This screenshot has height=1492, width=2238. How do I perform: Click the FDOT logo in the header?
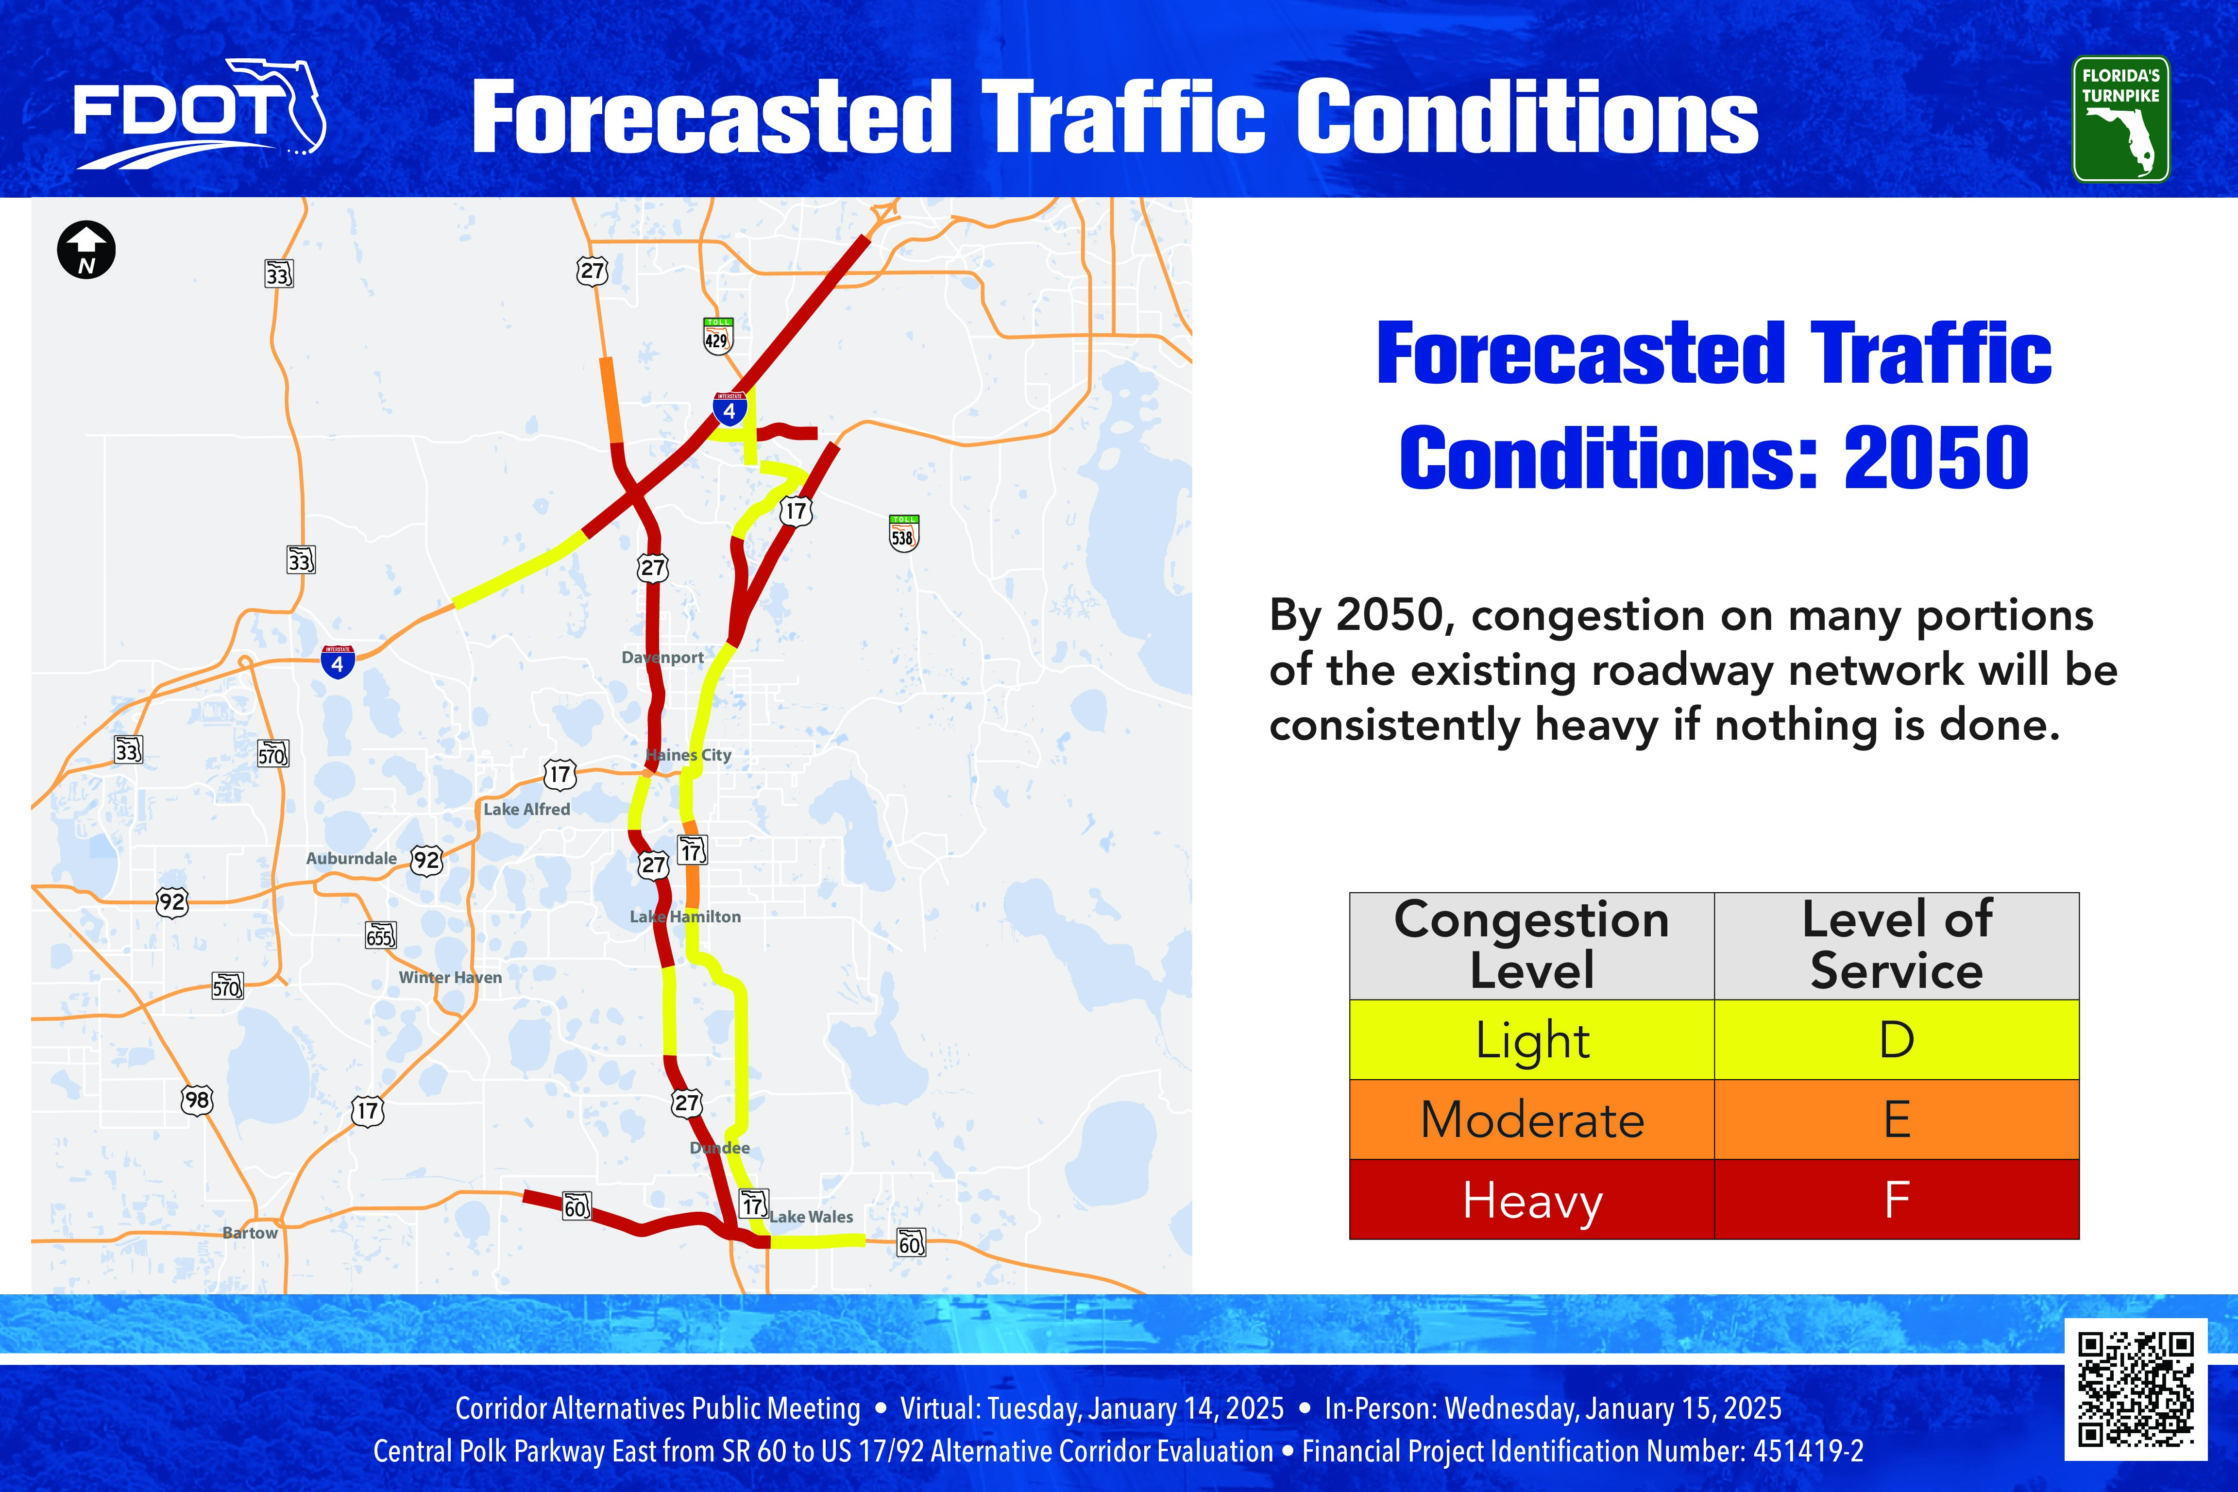tap(200, 114)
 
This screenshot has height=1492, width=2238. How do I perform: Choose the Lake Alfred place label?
tap(526, 809)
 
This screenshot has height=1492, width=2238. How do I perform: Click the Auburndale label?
tap(351, 858)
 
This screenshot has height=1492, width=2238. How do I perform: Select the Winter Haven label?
tap(450, 977)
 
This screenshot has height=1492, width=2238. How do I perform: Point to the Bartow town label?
tap(250, 1232)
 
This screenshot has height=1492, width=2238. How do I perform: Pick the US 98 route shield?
tap(197, 1100)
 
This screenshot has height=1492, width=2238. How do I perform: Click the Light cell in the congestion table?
tap(1532, 1039)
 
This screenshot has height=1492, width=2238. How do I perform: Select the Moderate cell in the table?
tap(1532, 1119)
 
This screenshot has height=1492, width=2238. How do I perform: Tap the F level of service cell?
tap(1897, 1199)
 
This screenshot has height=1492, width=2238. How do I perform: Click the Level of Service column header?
tap(1897, 946)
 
